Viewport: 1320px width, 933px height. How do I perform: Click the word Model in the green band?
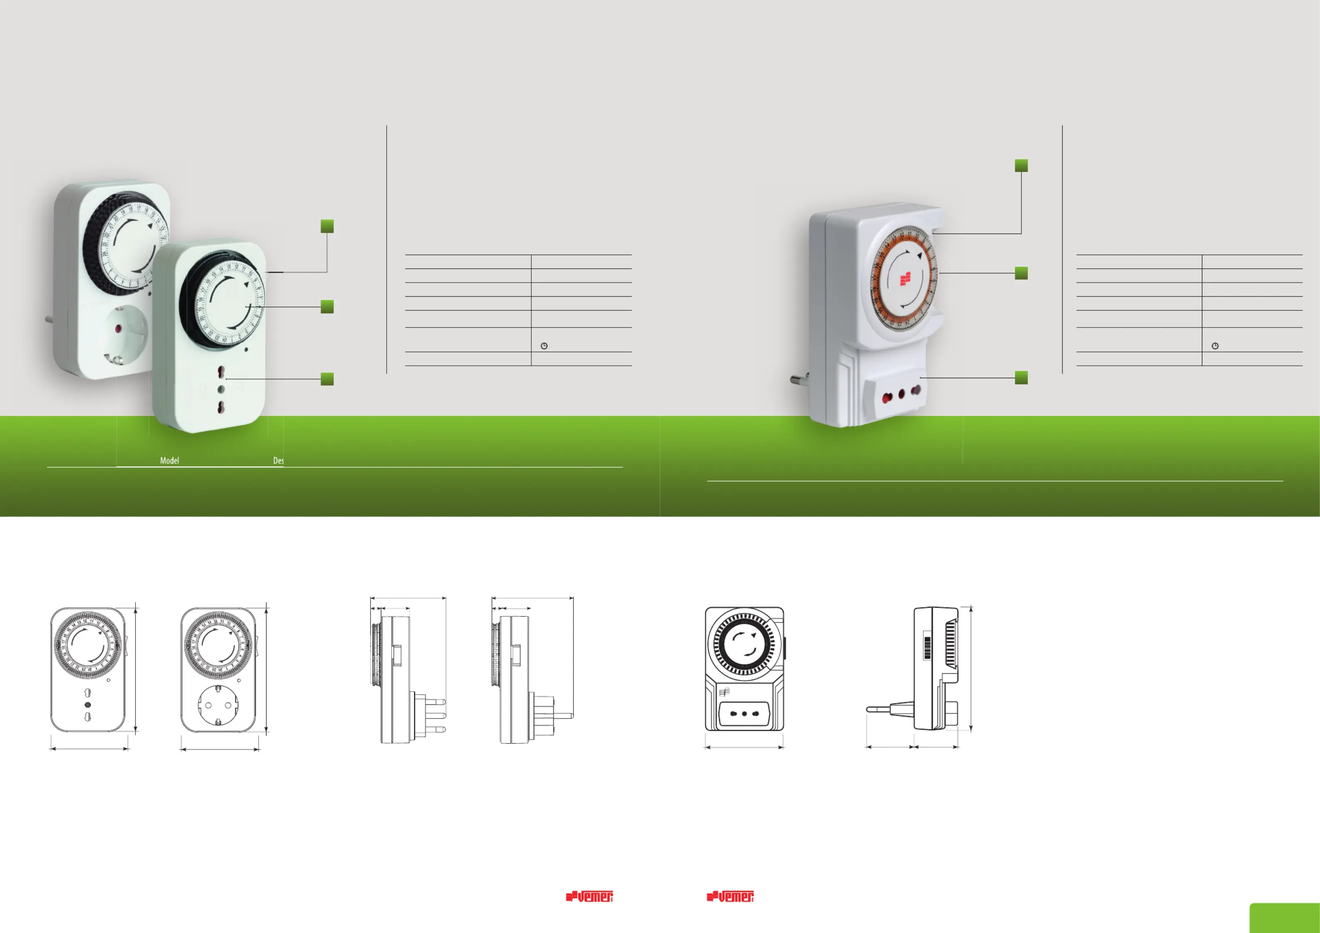169,460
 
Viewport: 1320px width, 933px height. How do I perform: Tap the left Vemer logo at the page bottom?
589,896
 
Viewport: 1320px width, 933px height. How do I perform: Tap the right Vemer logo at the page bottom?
730,896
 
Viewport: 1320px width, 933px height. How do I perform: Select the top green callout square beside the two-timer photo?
327,226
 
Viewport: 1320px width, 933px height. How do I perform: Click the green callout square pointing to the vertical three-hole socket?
327,379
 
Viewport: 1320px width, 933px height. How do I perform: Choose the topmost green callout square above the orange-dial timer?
1021,165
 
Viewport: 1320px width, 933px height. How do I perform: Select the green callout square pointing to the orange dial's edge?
1021,273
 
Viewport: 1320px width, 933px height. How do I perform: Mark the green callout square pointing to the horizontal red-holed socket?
1021,378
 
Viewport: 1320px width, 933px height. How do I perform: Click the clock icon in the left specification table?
544,346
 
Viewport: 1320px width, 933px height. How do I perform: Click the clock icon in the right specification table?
1215,346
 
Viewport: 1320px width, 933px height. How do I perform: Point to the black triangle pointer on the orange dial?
920,256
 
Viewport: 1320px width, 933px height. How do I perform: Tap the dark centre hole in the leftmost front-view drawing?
87,705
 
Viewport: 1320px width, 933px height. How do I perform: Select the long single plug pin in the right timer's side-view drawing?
880,709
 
